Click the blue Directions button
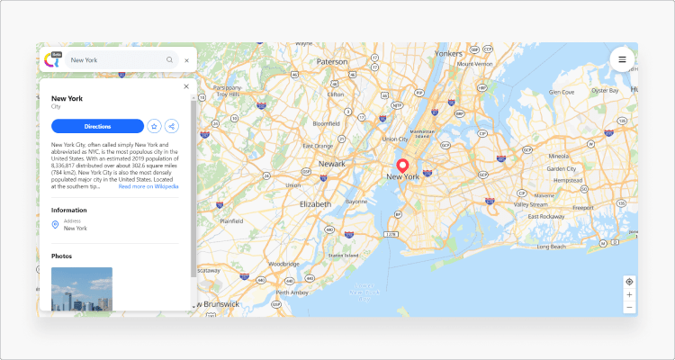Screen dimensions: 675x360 click(x=97, y=126)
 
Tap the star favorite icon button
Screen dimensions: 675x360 click(x=154, y=126)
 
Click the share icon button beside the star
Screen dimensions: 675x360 click(x=171, y=126)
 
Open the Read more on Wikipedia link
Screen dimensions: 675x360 click(x=148, y=186)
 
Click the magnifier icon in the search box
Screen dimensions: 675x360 click(x=169, y=60)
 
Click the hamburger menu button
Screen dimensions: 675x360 click(x=622, y=59)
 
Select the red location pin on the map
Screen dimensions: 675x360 click(x=402, y=166)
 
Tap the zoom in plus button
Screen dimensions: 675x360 click(x=629, y=294)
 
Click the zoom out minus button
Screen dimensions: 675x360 click(x=629, y=307)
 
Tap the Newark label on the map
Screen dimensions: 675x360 click(x=331, y=164)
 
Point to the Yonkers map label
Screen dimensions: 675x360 click(x=447, y=53)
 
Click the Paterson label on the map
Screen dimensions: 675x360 click(x=331, y=61)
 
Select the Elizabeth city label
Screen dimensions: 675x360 click(x=315, y=203)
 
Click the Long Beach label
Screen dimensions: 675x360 click(x=551, y=247)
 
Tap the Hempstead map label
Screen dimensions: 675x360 click(x=567, y=180)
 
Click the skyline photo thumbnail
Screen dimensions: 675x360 click(x=82, y=289)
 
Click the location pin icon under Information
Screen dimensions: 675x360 click(x=55, y=224)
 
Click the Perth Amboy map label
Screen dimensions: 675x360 click(x=292, y=292)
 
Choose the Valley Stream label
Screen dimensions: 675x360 click(x=530, y=204)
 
